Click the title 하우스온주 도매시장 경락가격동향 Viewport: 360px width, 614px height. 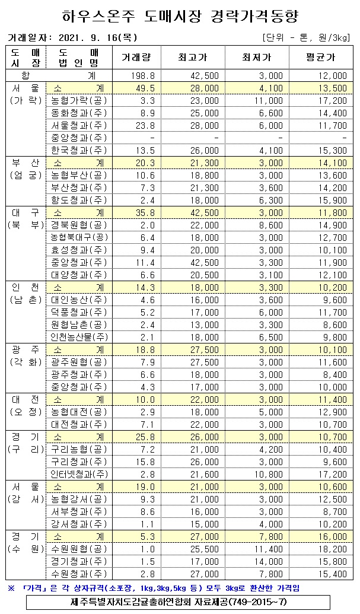tap(180, 15)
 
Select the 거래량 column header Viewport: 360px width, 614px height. tap(136, 58)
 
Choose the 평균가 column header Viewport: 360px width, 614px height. tap(321, 58)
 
